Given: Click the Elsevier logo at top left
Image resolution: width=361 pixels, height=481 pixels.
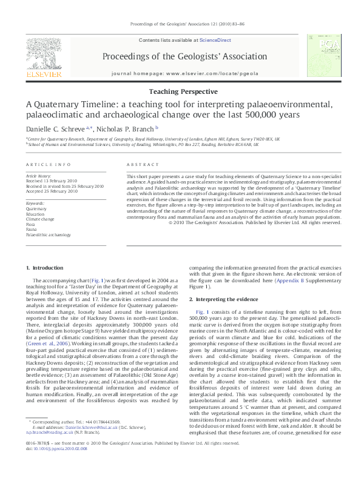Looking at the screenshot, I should point(43,58).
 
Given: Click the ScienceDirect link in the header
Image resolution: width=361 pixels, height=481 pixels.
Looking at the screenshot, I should point(215,40).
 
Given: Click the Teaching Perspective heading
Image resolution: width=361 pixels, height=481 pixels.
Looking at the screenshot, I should point(183,91).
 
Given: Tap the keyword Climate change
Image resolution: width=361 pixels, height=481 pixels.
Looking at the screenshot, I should point(39,219).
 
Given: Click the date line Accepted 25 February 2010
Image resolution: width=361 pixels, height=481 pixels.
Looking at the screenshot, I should point(52,191).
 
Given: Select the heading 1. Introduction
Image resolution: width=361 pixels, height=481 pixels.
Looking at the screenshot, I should point(46,268).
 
